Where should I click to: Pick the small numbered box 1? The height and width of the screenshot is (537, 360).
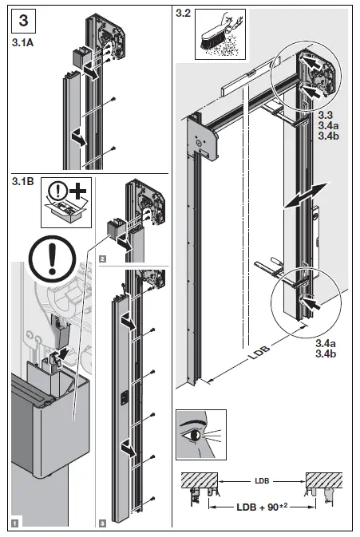point(14,523)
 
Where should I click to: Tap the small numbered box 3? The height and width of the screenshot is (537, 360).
point(103,523)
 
